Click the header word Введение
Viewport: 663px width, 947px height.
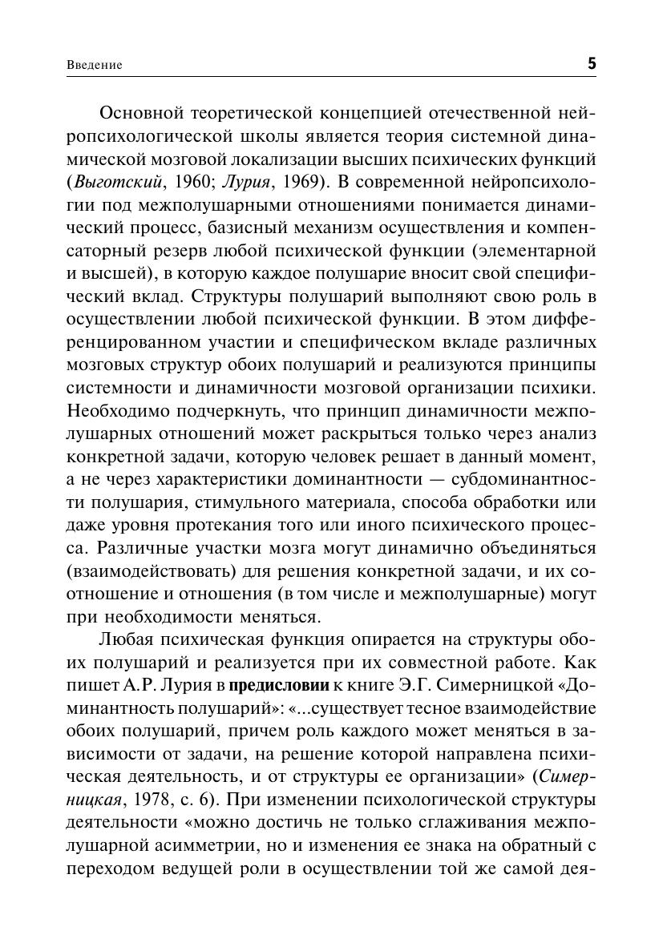pos(95,65)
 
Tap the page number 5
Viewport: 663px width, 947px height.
pos(592,63)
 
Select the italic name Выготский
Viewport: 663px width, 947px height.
pos(105,181)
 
